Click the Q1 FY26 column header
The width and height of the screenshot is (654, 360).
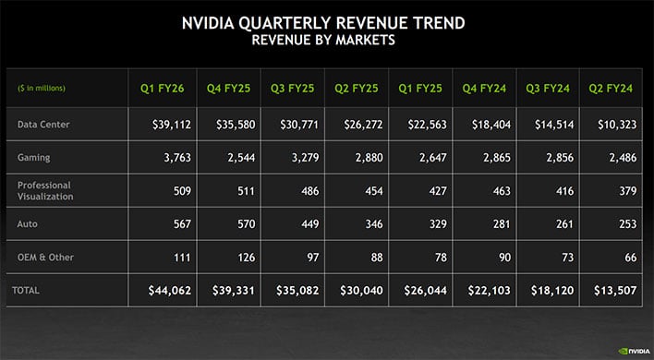click(162, 89)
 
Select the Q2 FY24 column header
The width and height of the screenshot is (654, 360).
click(611, 89)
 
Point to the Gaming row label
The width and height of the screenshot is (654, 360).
click(34, 158)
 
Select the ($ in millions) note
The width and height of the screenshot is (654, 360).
click(42, 89)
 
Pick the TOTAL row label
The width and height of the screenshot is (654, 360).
click(26, 290)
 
